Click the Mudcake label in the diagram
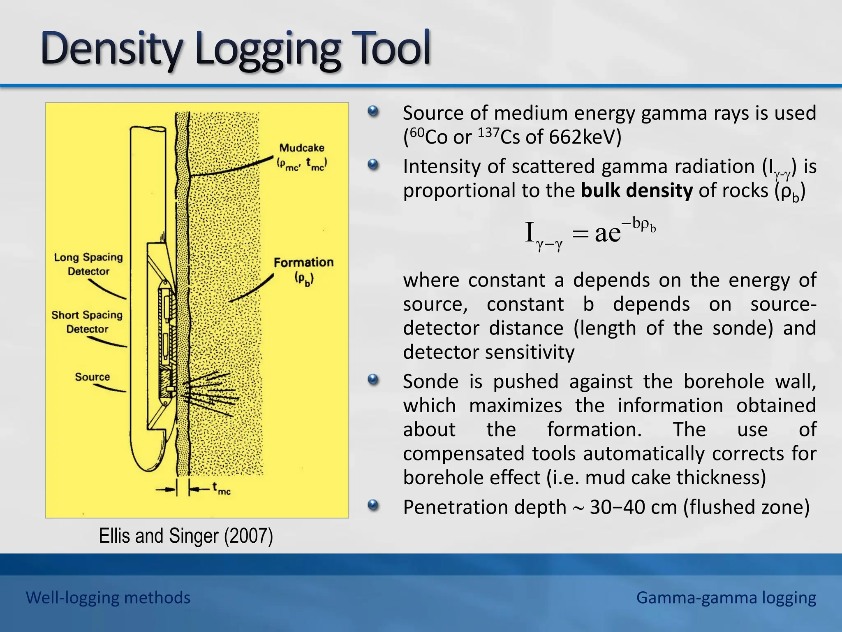tap(302, 148)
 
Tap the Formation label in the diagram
tap(303, 263)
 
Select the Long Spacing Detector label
tap(88, 264)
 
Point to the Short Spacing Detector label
tap(87, 322)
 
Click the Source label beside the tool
tap(93, 377)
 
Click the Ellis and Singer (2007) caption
tap(186, 536)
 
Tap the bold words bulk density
tap(637, 191)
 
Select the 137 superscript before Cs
tap(489, 132)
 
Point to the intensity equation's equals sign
tap(580, 234)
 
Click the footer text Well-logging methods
tap(108, 597)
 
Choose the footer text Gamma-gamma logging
tap(726, 597)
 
